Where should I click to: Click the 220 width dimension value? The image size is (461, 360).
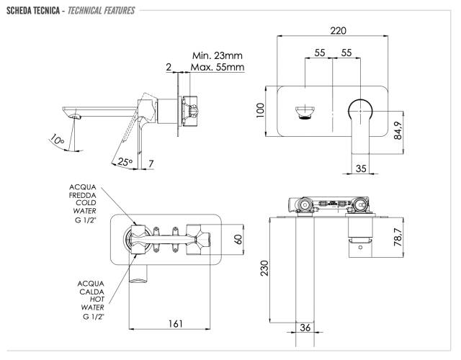(x=338, y=30)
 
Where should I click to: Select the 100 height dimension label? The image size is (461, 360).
(x=260, y=110)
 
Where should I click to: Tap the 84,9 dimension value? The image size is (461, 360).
(x=398, y=130)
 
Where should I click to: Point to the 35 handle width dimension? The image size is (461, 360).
(x=361, y=168)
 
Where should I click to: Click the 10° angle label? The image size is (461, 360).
(x=56, y=139)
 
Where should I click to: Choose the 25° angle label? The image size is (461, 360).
(x=125, y=161)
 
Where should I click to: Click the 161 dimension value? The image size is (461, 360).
(x=176, y=323)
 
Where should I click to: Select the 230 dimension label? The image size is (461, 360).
(x=265, y=268)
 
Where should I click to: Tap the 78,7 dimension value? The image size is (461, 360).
(x=398, y=237)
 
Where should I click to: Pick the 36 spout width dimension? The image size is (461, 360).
(x=305, y=328)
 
